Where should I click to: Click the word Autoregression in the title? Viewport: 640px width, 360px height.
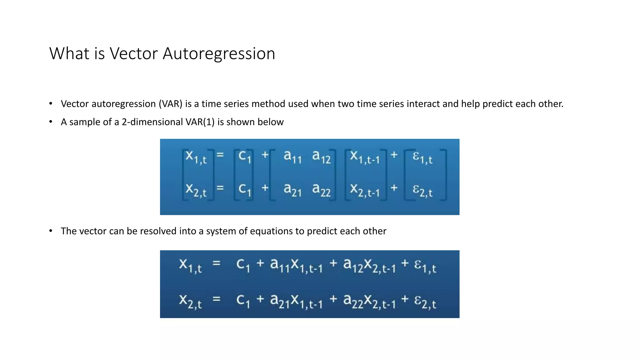pyautogui.click(x=219, y=54)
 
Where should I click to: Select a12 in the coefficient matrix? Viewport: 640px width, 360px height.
pyautogui.click(x=321, y=157)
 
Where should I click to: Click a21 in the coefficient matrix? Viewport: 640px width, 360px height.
pyautogui.click(x=292, y=190)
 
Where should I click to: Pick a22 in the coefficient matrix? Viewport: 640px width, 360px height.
pyautogui.click(x=321, y=190)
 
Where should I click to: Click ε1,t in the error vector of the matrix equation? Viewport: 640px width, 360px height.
pyautogui.click(x=422, y=157)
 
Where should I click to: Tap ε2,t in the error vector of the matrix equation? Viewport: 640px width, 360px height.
pyautogui.click(x=422, y=190)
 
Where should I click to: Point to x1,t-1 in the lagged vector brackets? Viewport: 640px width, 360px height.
pyautogui.click(x=365, y=157)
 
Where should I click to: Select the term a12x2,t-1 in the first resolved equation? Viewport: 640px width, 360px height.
pyautogui.click(x=369, y=266)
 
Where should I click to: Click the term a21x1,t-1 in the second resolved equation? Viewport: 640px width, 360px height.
pyautogui.click(x=296, y=302)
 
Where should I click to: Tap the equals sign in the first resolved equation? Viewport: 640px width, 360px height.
pyautogui.click(x=217, y=263)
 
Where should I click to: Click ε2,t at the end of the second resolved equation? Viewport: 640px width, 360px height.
pyautogui.click(x=425, y=302)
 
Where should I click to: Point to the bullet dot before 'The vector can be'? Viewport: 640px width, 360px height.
pyautogui.click(x=51, y=231)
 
